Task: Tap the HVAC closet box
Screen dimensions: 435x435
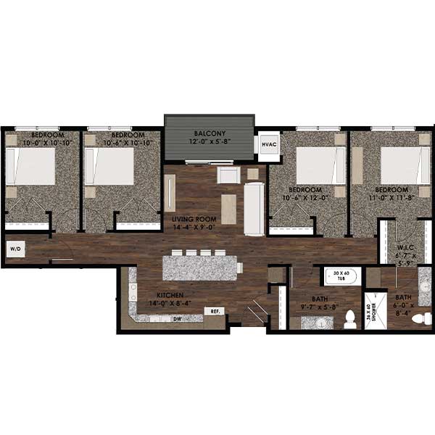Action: (268, 145)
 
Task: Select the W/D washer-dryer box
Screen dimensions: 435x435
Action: (15, 250)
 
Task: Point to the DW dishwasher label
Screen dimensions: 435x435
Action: (176, 318)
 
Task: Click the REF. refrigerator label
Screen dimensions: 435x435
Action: (215, 311)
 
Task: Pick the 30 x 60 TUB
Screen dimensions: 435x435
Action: (341, 277)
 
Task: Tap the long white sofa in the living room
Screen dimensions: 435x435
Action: (254, 209)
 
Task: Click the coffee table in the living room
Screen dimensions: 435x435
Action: (228, 209)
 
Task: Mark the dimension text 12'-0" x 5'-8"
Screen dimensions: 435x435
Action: (210, 144)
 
